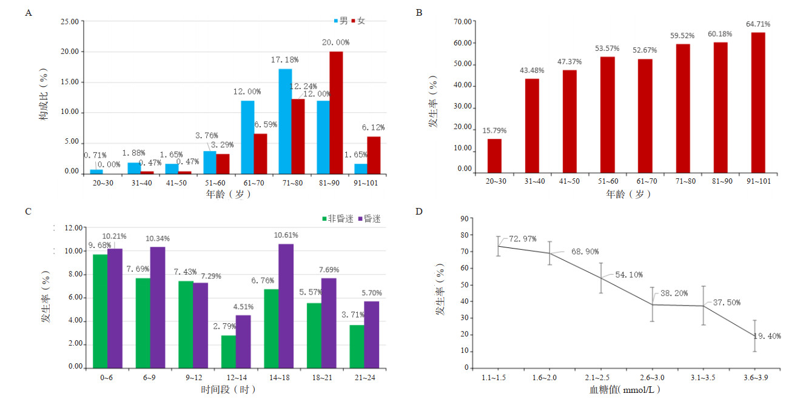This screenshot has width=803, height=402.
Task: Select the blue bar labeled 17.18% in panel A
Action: pyautogui.click(x=284, y=121)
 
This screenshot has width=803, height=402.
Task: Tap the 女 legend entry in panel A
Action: pyautogui.click(x=361, y=21)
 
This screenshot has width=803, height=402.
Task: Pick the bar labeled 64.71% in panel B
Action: pyautogui.click(x=758, y=102)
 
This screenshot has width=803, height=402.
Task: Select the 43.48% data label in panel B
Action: pyautogui.click(x=532, y=70)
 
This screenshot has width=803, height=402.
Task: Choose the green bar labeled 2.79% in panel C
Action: pyautogui.click(x=228, y=351)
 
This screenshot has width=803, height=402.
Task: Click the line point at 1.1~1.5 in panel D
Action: pyautogui.click(x=498, y=246)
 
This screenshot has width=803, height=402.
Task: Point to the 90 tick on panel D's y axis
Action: pyautogui.click(x=466, y=218)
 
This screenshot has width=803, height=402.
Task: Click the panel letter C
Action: pyautogui.click(x=28, y=212)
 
